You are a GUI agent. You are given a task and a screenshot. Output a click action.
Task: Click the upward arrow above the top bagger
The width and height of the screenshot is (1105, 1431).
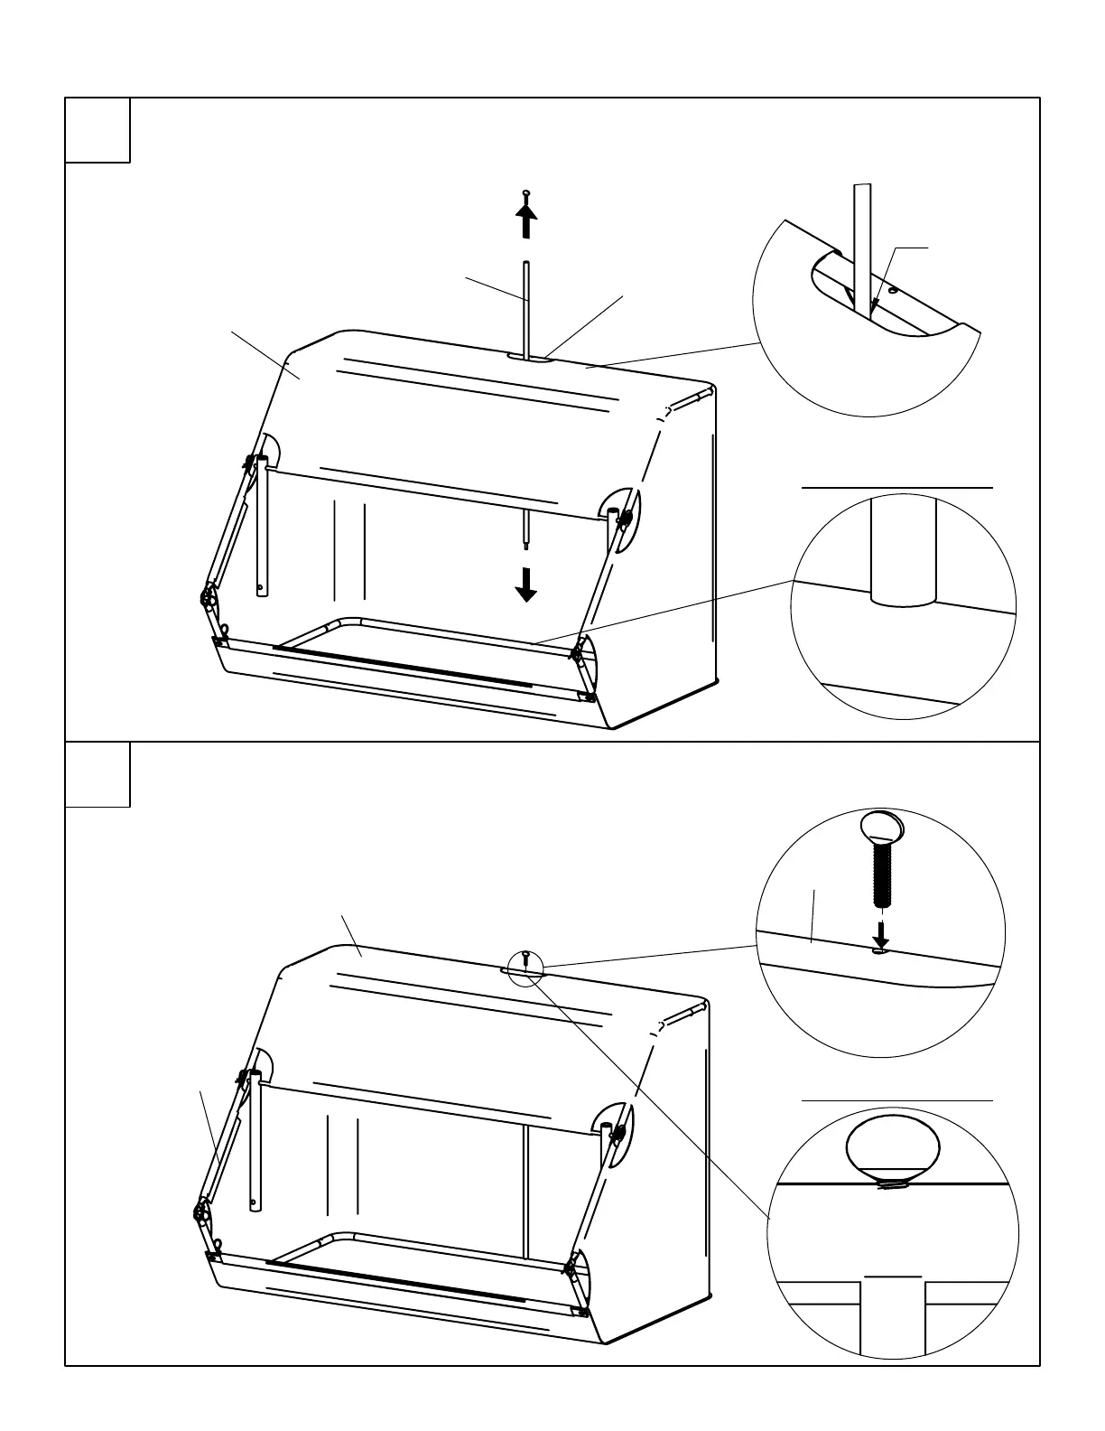tap(526, 220)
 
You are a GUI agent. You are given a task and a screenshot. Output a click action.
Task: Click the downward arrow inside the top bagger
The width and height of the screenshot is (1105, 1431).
tap(525, 588)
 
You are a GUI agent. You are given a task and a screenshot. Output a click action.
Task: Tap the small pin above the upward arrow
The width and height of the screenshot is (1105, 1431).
tap(526, 194)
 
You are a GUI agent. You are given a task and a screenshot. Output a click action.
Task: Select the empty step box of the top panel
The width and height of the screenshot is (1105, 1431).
tap(97, 131)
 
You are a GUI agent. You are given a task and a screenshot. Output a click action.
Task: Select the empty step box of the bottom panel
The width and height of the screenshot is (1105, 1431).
tap(97, 774)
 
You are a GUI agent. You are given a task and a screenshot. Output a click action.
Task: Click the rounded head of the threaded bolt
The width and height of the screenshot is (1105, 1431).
tap(882, 826)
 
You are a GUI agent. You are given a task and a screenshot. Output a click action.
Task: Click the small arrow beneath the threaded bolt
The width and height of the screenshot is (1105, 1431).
tap(882, 934)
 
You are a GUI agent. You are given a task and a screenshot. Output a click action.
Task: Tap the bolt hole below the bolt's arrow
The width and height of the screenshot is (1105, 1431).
tap(881, 950)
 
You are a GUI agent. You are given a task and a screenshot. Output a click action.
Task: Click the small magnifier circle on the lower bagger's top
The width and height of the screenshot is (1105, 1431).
tap(525, 967)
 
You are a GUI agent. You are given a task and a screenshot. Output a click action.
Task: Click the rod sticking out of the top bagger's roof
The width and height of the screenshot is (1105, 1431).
tap(526, 307)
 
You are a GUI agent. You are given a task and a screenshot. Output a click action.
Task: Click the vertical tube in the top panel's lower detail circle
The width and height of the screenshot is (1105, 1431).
tap(903, 551)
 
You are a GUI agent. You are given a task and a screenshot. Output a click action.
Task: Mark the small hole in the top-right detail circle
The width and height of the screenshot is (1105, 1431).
tap(892, 291)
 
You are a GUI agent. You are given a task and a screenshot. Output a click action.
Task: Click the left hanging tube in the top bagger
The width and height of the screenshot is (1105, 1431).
tap(261, 524)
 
